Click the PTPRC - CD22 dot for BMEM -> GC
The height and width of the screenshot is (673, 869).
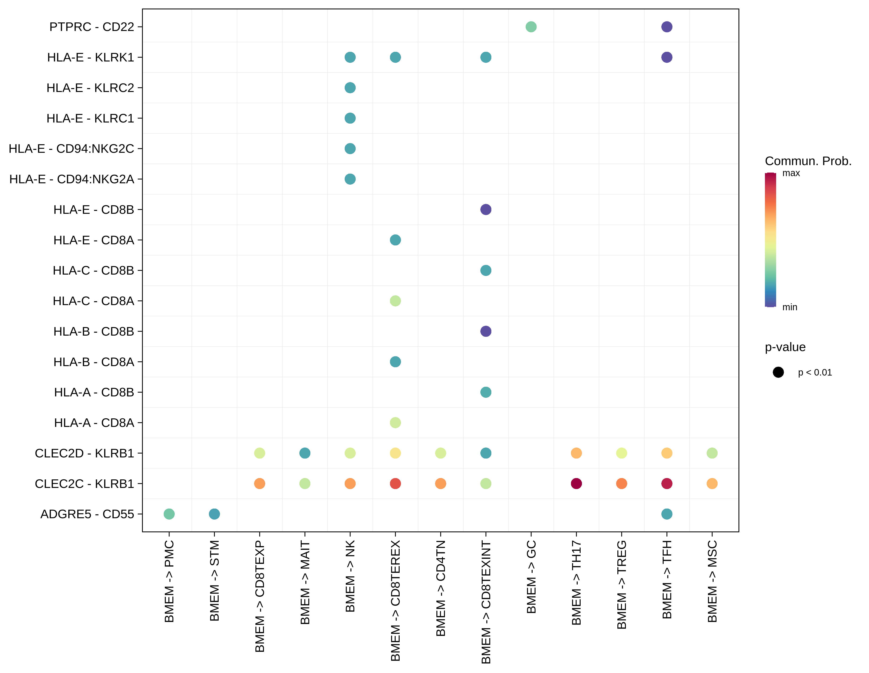[x=531, y=27]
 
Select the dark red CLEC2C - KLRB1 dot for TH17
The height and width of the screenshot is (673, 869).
[x=576, y=484]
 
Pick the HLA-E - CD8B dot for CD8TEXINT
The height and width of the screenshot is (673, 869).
[x=486, y=209]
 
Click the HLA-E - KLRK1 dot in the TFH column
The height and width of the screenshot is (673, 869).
[x=667, y=57]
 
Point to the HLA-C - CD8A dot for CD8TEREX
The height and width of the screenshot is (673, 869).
[x=395, y=301]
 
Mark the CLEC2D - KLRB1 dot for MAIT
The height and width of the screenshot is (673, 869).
[x=305, y=453]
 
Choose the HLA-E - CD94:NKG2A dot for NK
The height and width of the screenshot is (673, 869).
[x=350, y=179]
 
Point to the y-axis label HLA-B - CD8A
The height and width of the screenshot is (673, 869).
[x=94, y=362]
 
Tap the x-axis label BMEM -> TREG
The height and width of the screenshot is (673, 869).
[x=621, y=584]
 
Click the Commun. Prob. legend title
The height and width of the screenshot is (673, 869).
[x=808, y=161]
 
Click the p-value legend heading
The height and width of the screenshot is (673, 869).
[x=785, y=347]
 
